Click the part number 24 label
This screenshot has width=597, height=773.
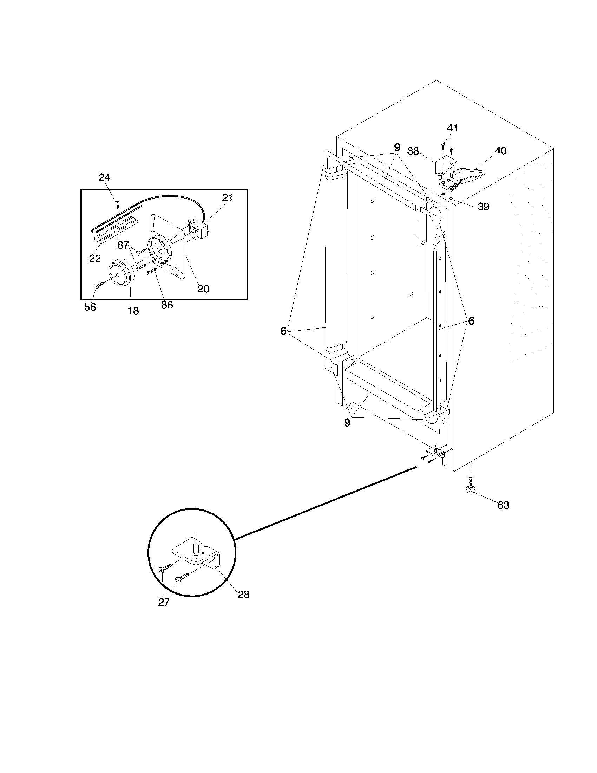[104, 178]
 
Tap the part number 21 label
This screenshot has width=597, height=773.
[228, 198]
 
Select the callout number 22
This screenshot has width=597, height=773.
[95, 258]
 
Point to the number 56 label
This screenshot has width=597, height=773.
[90, 307]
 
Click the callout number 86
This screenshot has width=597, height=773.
[167, 305]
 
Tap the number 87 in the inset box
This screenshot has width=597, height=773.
[123, 245]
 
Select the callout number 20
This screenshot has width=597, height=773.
[203, 288]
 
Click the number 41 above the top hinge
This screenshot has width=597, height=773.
[452, 128]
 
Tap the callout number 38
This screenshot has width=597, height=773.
[413, 151]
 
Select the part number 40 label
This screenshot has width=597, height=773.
[500, 151]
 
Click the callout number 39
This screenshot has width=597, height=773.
[483, 207]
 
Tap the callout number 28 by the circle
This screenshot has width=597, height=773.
[243, 595]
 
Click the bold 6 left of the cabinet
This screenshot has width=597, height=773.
[283, 331]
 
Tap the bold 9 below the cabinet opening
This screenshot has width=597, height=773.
[347, 422]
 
